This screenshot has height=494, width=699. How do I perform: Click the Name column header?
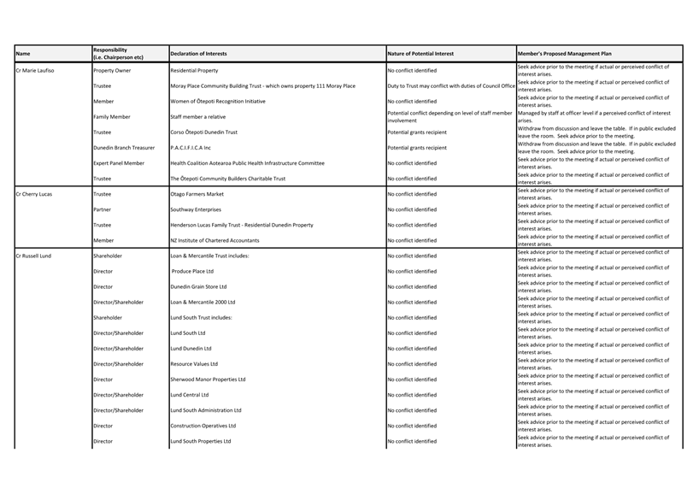[x=23, y=54]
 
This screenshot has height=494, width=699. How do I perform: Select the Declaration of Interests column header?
[x=198, y=54]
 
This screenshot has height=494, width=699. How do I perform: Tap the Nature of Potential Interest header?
[x=420, y=54]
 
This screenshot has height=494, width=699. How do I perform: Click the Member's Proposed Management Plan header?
[x=564, y=54]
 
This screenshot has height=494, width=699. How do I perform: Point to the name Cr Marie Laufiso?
[x=35, y=70]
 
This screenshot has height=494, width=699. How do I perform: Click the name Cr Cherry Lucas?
[x=34, y=194]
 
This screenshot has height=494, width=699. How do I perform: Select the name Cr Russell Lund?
[x=34, y=256]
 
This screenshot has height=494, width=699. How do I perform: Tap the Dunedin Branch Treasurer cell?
[x=124, y=148]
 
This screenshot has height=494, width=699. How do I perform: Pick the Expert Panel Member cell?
[x=119, y=163]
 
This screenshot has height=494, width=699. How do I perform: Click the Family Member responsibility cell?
[x=112, y=117]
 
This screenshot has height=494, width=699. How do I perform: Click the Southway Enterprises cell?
[x=196, y=209]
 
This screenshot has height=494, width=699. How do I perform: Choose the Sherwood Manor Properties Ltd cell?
[x=208, y=379]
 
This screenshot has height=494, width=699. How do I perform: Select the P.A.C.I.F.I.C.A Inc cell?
[x=191, y=148]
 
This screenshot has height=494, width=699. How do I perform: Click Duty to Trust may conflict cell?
[x=451, y=85]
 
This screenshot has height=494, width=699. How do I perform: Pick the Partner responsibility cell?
[x=103, y=209]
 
